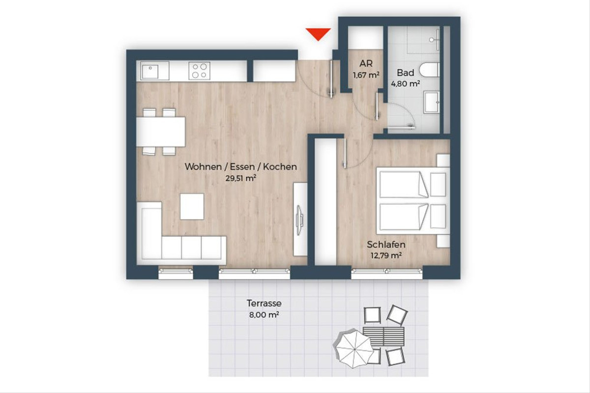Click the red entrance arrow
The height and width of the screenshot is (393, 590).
pos(318,34)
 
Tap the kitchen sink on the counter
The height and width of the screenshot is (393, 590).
pos(150,71)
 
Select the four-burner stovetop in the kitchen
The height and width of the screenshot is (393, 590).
pos(200,71)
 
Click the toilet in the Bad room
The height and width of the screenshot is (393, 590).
pos(430,70)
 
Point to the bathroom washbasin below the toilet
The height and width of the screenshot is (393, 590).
pos(432,102)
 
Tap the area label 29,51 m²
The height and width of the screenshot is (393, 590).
pos(241,178)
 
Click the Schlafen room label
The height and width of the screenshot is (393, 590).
pos(386,245)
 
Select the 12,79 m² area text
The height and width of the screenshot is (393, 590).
pos(386,255)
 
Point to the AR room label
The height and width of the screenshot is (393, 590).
pos(366,64)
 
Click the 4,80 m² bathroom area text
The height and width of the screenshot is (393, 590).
pos(405,84)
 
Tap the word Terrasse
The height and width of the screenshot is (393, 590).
pos(264,303)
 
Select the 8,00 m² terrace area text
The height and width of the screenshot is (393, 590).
pos(264,314)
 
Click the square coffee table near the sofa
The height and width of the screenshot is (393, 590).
pos(192,207)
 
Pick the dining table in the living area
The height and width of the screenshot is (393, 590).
pos(161,132)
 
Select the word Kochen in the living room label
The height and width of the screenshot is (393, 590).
pos(280,167)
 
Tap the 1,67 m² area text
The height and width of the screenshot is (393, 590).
pos(366,75)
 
